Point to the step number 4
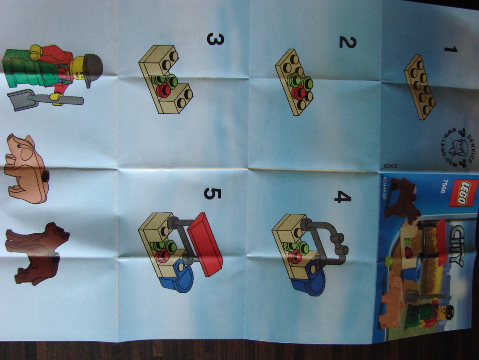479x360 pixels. (x=343, y=197)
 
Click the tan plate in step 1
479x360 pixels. (x=420, y=88)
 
